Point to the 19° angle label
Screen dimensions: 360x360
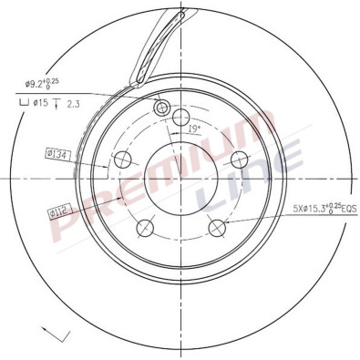tap(193, 129)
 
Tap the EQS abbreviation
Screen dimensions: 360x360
tap(345, 209)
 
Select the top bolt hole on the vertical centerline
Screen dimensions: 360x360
tap(180, 117)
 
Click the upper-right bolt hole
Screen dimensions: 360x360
tap(239, 159)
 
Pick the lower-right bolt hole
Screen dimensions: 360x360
tap(217, 228)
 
